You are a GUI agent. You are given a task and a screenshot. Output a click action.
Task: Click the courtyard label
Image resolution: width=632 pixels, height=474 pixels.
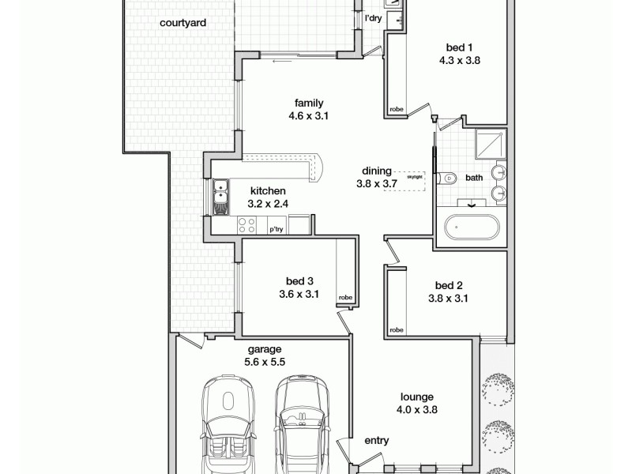(x=182, y=24)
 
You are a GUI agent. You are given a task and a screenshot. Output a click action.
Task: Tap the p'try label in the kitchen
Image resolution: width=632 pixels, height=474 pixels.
(x=276, y=229)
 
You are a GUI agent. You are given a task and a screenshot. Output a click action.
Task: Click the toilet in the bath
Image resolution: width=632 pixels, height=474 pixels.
(x=448, y=179)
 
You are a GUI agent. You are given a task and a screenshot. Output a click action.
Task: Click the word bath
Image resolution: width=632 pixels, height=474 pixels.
(x=473, y=178)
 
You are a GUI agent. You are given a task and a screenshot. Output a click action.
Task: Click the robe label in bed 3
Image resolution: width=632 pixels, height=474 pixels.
(x=346, y=298)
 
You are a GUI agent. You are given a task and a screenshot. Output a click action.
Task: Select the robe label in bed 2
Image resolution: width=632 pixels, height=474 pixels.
(x=397, y=329)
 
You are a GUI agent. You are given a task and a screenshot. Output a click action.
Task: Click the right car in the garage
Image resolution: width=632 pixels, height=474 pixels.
(x=300, y=423)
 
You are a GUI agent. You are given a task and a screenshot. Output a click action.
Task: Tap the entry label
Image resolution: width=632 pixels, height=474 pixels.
(x=376, y=441)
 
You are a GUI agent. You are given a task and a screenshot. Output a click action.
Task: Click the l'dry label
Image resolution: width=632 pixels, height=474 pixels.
(x=374, y=17)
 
